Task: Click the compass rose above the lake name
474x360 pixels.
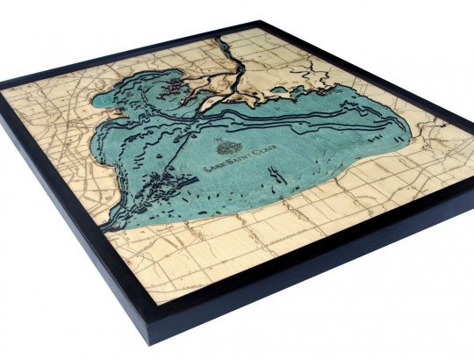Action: [x=226, y=148]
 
